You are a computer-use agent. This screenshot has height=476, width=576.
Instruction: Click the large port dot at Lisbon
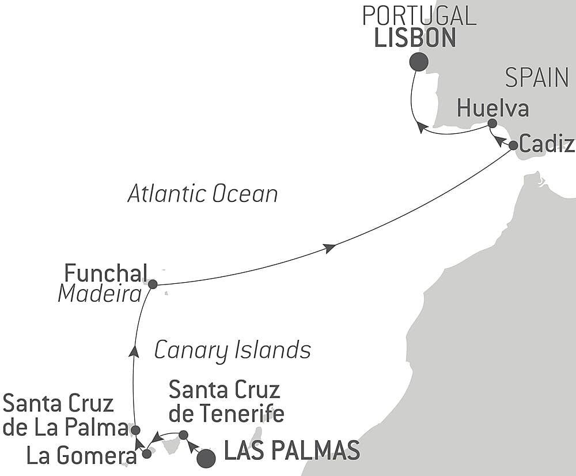[419, 62]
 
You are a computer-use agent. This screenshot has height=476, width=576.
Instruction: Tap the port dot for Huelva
[492, 123]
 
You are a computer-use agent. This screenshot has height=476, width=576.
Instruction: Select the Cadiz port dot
[513, 145]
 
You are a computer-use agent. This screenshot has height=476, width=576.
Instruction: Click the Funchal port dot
[153, 284]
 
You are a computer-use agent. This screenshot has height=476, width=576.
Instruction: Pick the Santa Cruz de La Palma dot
[135, 430]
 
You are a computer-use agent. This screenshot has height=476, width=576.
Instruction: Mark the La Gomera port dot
[147, 453]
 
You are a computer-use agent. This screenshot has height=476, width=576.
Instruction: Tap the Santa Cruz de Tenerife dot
[183, 434]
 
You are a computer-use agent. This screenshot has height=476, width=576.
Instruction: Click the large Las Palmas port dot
[206, 459]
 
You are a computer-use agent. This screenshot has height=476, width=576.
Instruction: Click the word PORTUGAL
[419, 16]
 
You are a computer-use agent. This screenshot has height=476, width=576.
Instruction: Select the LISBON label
[415, 38]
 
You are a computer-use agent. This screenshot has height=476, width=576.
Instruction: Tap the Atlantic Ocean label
[203, 194]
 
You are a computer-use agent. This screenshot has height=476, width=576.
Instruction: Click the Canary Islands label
[233, 350]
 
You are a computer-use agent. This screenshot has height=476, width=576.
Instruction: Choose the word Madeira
[100, 295]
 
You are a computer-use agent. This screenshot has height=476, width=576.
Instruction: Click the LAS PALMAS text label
[291, 451]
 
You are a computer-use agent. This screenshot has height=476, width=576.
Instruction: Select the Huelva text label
[493, 108]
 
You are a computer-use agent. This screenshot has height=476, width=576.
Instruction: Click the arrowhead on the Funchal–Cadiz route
[329, 248]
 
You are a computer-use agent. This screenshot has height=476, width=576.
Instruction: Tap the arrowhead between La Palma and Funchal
[134, 351]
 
